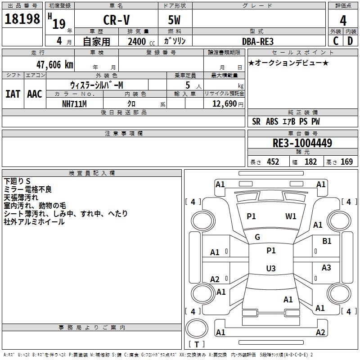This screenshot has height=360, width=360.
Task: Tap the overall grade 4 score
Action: pyautogui.click(x=343, y=21)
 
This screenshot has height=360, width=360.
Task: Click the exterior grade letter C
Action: pyautogui.click(x=336, y=41)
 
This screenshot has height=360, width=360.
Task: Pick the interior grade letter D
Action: pyautogui.click(x=350, y=41)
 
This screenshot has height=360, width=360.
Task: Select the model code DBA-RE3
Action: pyautogui.click(x=257, y=41)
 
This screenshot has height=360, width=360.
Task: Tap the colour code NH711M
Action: pyautogui.click(x=74, y=103)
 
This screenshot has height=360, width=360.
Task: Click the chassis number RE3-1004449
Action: pyautogui.click(x=302, y=143)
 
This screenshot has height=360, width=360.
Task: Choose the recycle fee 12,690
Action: pyautogui.click(x=224, y=103)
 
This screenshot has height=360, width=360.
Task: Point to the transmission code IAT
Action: pyautogui.click(x=13, y=94)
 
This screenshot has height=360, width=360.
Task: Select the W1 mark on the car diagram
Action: pyautogui.click(x=291, y=216)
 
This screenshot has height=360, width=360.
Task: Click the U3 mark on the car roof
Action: pyautogui.click(x=270, y=269)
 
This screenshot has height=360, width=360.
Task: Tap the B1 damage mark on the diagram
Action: pyautogui.click(x=327, y=242)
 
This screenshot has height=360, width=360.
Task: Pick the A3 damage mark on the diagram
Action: pyautogui.click(x=326, y=268)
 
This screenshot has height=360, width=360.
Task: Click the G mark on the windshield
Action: pyautogui.click(x=257, y=237)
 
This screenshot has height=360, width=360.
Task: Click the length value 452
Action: pyautogui.click(x=273, y=162)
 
